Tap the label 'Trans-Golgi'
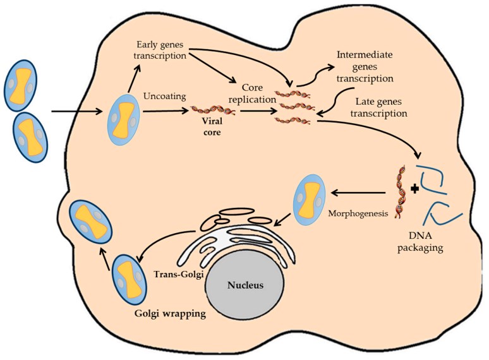(x=178, y=275)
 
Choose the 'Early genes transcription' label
(x=162, y=52)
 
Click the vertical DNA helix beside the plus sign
(x=399, y=191)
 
